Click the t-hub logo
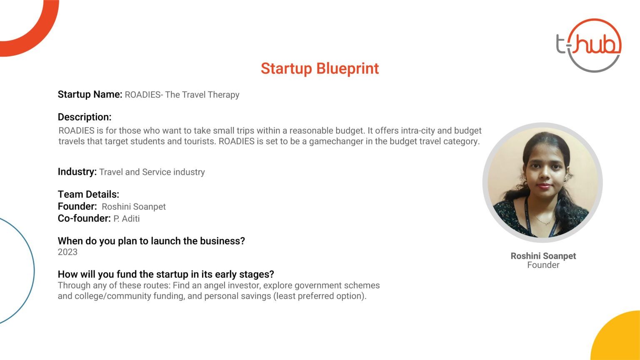tap(589, 45)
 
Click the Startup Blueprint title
tap(320, 69)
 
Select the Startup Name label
tap(90, 94)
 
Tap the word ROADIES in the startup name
tap(142, 95)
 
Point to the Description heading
tap(85, 117)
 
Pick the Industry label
tap(77, 172)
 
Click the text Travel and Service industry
tap(152, 172)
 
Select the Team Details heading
tap(88, 194)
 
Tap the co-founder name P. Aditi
tap(127, 219)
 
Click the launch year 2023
tap(67, 252)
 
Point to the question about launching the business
tap(151, 241)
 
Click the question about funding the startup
tap(166, 274)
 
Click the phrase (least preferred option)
tap(320, 296)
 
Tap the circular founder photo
tap(542, 182)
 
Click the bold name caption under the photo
tap(543, 256)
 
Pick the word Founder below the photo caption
tap(543, 265)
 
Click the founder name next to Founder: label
tap(134, 207)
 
